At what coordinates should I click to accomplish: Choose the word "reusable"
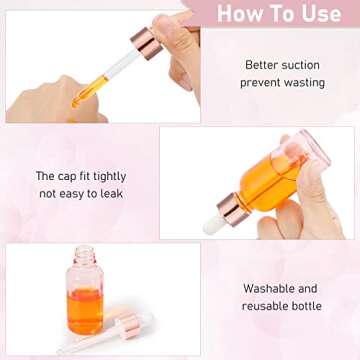[266, 306]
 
